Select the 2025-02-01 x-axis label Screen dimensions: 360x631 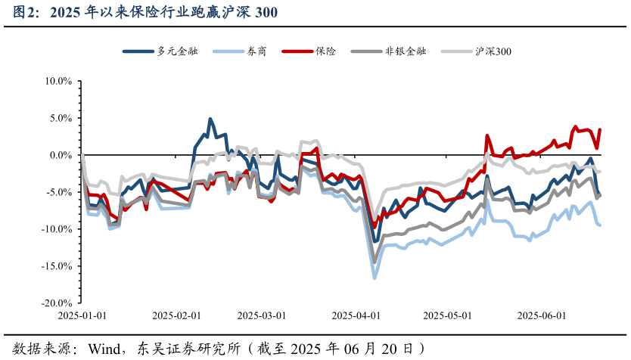click(176, 315)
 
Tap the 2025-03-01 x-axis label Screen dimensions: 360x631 click(262, 315)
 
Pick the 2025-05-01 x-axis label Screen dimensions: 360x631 click(447, 315)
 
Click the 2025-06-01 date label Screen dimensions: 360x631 click(542, 315)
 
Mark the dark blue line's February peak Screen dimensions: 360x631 click(210, 119)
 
